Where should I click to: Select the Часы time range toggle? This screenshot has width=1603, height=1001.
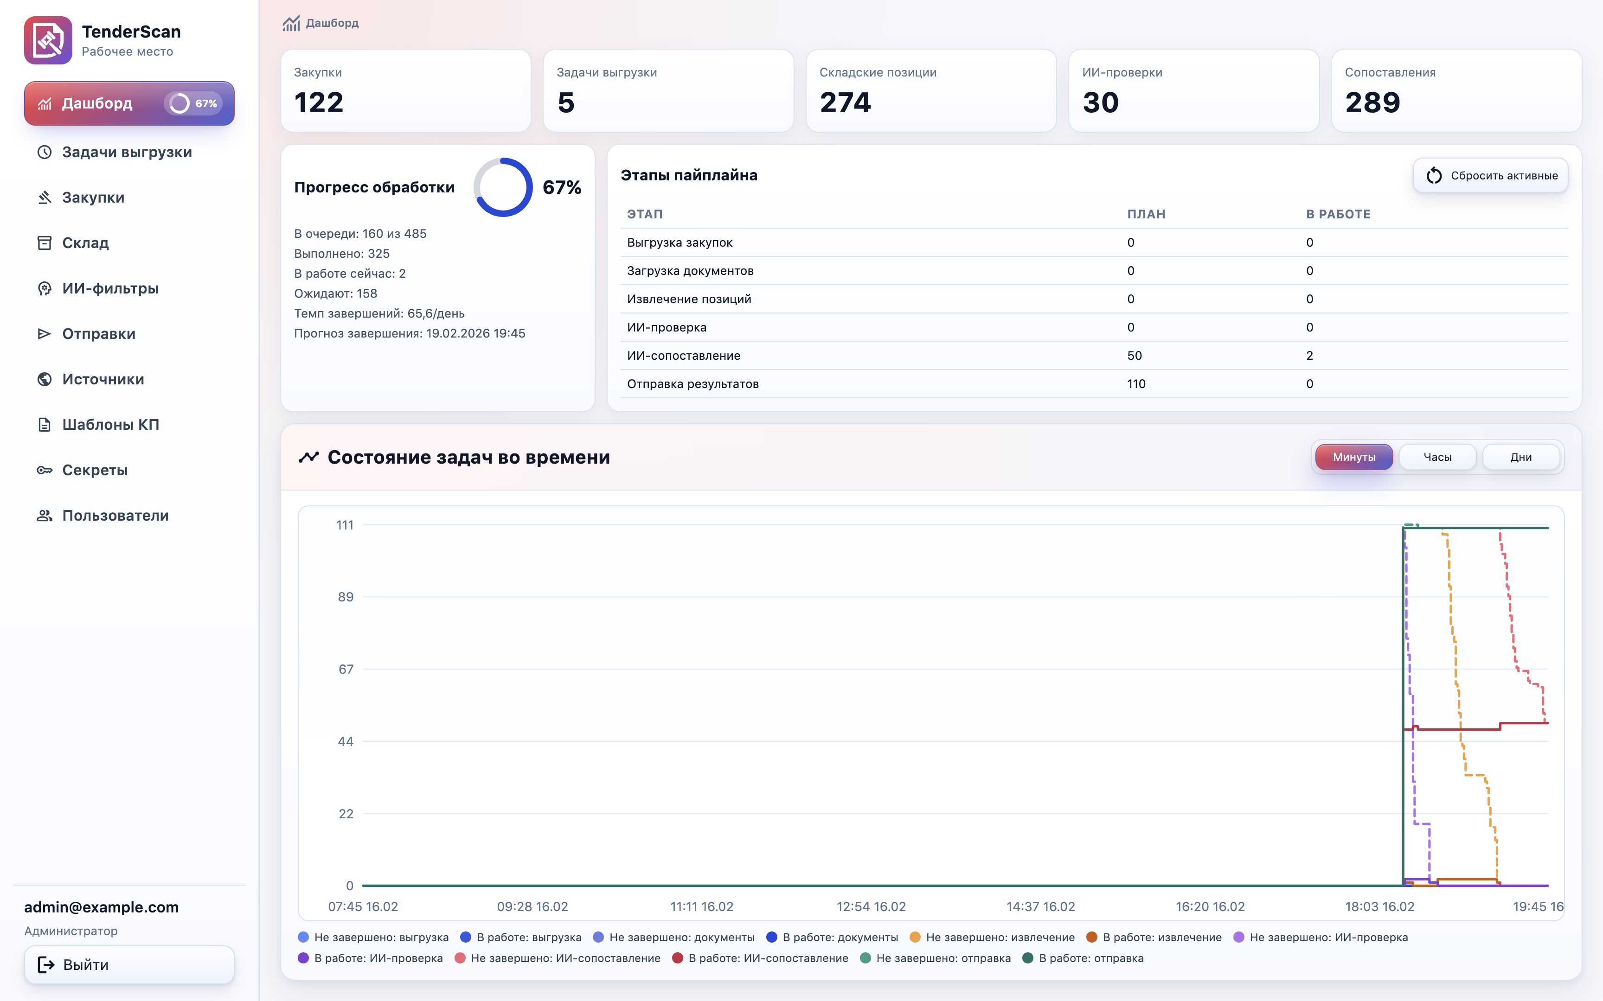click(x=1437, y=457)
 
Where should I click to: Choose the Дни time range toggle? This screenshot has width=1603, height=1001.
click(x=1520, y=457)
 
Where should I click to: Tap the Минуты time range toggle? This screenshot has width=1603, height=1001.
click(x=1353, y=457)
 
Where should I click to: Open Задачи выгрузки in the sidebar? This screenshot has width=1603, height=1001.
click(x=127, y=152)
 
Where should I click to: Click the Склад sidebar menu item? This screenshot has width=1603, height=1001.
click(x=85, y=243)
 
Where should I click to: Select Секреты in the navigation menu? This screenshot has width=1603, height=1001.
click(x=95, y=470)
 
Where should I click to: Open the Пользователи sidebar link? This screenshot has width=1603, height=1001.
click(x=115, y=516)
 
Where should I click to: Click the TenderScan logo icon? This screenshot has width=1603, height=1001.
click(x=48, y=40)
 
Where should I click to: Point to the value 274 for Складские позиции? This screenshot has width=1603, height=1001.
click(x=845, y=102)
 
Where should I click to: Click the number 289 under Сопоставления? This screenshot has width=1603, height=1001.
click(x=1372, y=102)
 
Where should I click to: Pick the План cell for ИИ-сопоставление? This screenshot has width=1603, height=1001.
click(x=1134, y=356)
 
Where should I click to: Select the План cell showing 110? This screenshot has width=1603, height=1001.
click(x=1136, y=384)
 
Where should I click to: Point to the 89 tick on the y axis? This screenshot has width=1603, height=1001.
click(x=346, y=597)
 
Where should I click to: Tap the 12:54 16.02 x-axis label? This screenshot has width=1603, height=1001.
click(x=871, y=906)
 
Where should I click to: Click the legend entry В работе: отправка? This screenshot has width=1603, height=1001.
click(x=1090, y=958)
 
